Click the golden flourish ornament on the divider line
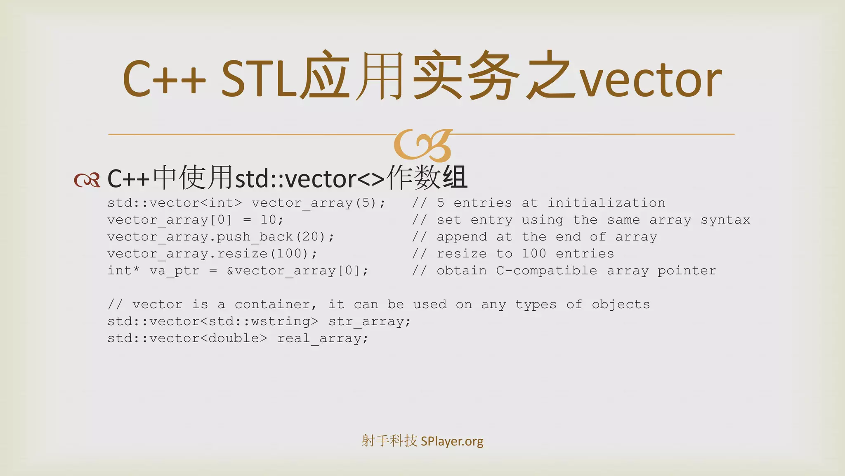point(423,145)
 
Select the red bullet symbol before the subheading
point(87,180)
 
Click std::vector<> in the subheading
point(309,179)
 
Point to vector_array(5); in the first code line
point(318,203)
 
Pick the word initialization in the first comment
point(606,203)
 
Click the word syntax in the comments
point(725,220)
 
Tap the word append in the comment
point(462,237)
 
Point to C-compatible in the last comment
point(546,271)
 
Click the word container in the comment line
point(272,305)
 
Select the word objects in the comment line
point(621,305)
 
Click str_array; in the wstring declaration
point(370,321)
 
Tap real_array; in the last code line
point(323,338)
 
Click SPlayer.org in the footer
point(452,441)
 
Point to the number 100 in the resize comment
point(534,254)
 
